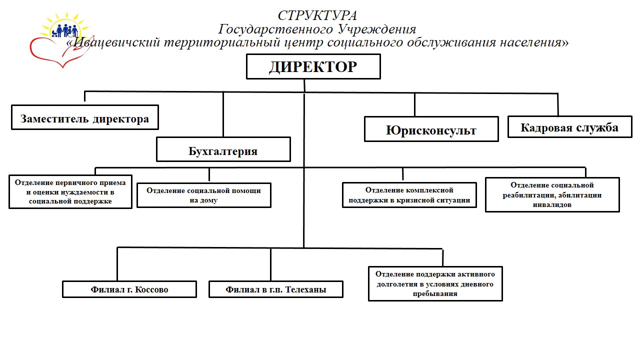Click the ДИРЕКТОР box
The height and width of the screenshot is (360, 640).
click(x=313, y=66)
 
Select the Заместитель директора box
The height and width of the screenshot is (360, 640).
click(x=85, y=117)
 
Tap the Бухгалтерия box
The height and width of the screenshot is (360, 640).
click(x=223, y=149)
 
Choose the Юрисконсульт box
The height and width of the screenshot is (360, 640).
click(x=431, y=129)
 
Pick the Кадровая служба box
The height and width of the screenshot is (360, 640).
click(x=569, y=127)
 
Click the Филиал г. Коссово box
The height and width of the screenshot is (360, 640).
click(x=129, y=289)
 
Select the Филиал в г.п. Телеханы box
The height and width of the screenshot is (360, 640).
click(x=276, y=289)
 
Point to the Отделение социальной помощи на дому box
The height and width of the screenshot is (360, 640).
click(x=204, y=195)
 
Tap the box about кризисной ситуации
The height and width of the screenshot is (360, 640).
click(x=409, y=195)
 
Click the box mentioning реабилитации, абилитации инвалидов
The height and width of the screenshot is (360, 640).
click(x=552, y=194)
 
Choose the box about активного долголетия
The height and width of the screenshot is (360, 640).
click(x=435, y=283)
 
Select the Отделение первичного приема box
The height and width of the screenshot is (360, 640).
click(x=70, y=191)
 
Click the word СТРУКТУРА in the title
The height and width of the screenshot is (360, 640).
click(x=317, y=15)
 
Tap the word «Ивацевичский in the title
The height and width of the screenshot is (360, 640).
click(x=113, y=42)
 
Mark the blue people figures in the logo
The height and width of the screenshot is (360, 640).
click(x=65, y=31)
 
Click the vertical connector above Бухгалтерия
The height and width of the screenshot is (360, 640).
click(x=223, y=114)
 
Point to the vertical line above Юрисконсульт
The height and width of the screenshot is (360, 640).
click(x=414, y=104)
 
